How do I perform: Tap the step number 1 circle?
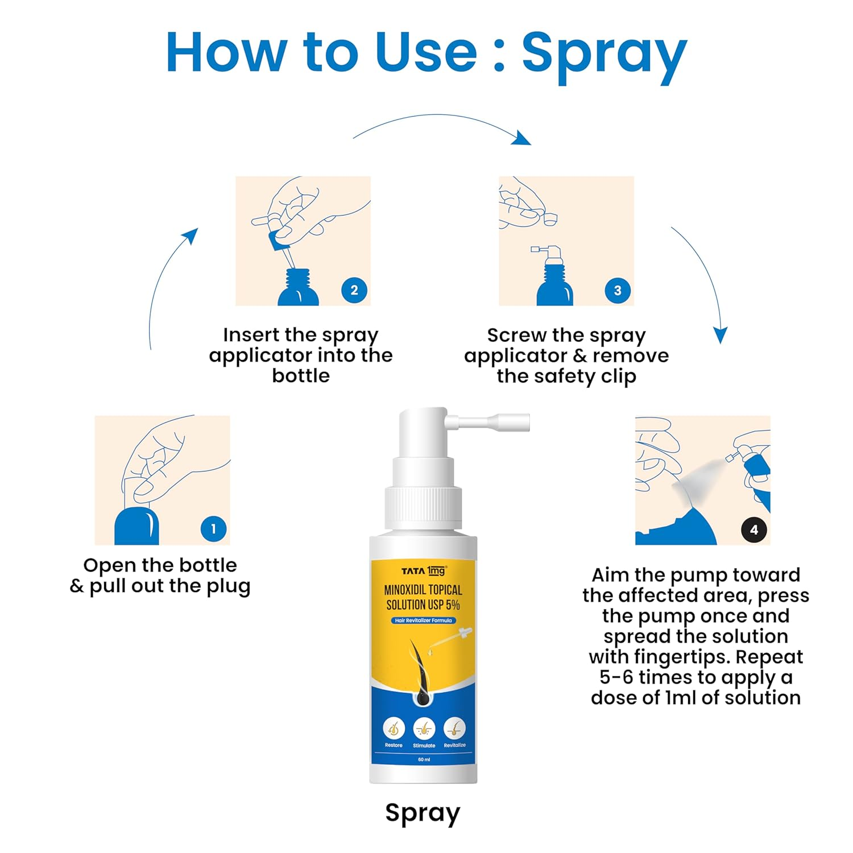(213, 529)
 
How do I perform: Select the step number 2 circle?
(354, 290)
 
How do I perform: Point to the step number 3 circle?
(618, 291)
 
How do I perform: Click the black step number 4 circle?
(754, 530)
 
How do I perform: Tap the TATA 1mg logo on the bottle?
(424, 570)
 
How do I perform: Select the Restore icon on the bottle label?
(394, 728)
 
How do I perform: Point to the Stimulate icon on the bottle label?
(424, 728)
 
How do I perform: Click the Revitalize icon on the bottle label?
(455, 728)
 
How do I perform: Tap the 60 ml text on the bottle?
(424, 760)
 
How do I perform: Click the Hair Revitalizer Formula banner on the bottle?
(424, 620)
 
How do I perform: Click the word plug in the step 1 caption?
(228, 587)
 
